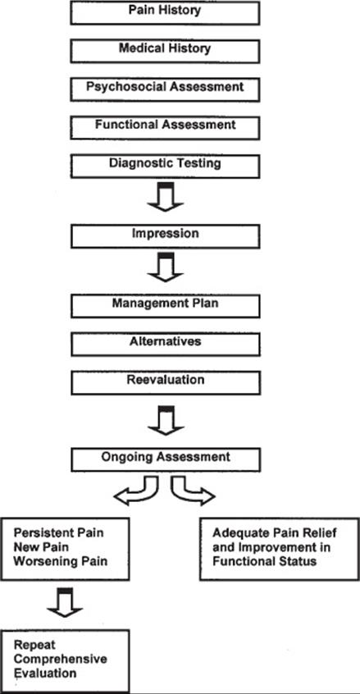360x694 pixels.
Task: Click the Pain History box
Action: tap(166, 13)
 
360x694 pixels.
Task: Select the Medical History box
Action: tap(166, 51)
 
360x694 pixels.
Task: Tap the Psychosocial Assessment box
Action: tap(166, 89)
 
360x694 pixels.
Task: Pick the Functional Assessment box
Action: tap(166, 127)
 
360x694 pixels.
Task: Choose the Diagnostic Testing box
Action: tap(166, 166)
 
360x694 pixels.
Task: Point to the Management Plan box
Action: tap(166, 306)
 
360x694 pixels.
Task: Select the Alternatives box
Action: tap(166, 345)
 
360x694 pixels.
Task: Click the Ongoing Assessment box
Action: tap(166, 459)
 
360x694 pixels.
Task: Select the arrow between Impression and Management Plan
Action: tap(166, 267)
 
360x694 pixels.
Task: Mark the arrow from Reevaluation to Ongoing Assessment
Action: tap(166, 421)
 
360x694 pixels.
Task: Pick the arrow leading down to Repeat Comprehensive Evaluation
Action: tap(66, 603)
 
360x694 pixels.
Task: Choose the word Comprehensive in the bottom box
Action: tap(61, 659)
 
